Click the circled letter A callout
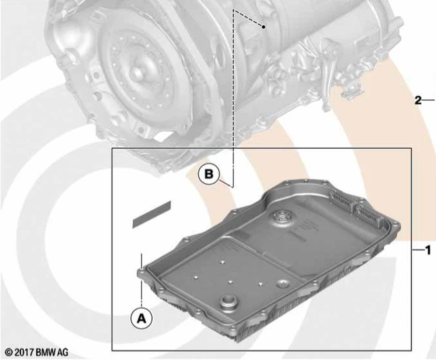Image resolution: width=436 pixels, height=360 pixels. point(141,317)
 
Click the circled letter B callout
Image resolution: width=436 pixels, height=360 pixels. point(209,176)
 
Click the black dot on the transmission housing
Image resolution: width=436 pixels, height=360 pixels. point(264,25)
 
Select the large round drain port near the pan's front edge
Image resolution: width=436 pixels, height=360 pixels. point(229,303)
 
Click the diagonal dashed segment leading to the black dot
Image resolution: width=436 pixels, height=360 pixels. point(249,18)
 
